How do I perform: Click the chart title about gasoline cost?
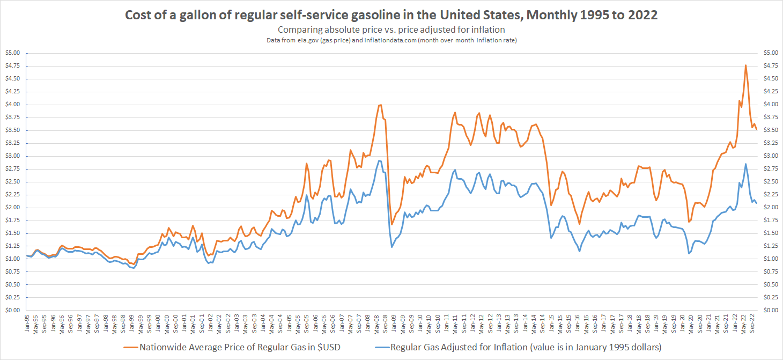391,15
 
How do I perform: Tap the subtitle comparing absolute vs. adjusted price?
391,30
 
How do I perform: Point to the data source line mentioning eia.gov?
391,41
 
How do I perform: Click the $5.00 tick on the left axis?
12,53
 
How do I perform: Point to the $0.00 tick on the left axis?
12,310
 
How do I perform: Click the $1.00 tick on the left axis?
12,259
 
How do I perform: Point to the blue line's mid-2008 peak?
379,160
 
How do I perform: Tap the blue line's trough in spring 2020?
689,253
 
